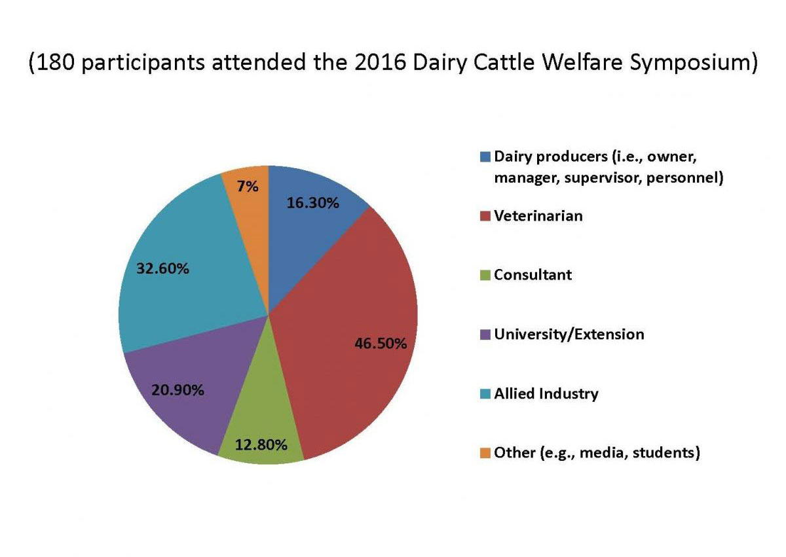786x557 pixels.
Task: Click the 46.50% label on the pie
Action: click(x=381, y=344)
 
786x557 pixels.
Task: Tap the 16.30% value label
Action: click(x=313, y=203)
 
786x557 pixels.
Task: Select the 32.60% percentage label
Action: click(x=163, y=268)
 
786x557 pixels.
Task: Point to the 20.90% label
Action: click(x=178, y=390)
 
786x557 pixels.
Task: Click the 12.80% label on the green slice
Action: click(x=261, y=445)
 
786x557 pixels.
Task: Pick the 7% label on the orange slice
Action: click(x=248, y=186)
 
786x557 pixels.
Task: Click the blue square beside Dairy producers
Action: click(x=485, y=157)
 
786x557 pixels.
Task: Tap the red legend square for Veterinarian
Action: click(x=485, y=216)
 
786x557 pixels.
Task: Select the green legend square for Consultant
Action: click(x=485, y=275)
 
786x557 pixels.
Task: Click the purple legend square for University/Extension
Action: click(x=485, y=334)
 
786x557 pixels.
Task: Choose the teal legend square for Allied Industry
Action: click(x=485, y=394)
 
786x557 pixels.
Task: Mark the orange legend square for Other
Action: click(x=485, y=453)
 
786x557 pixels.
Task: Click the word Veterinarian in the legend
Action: click(x=538, y=216)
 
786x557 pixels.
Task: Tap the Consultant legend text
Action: click(x=533, y=275)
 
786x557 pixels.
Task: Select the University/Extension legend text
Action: click(x=569, y=334)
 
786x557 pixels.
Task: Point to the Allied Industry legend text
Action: click(x=546, y=394)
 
